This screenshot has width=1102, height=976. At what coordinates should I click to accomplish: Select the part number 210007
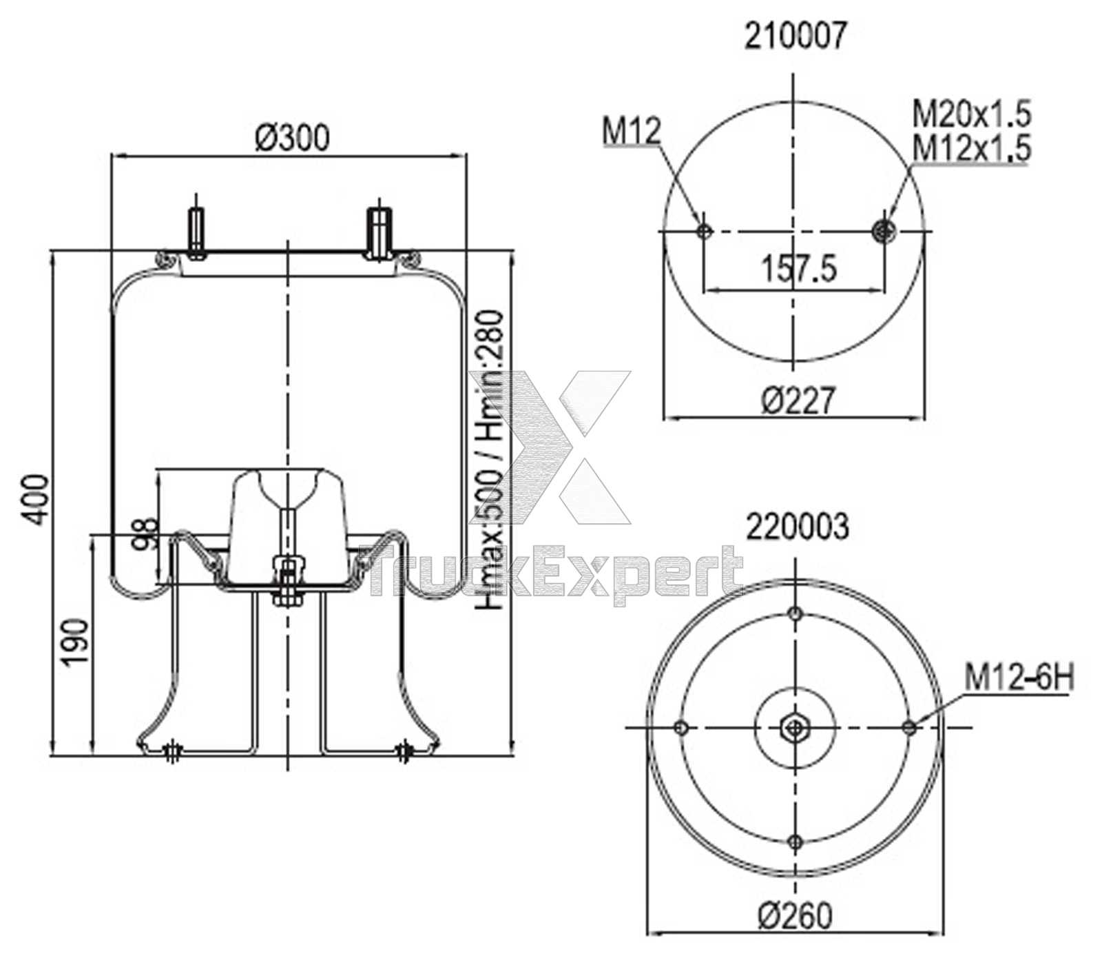click(793, 37)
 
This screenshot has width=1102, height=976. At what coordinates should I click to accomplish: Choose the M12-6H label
click(1018, 678)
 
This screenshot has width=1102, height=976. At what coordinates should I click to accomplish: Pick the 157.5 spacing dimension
click(799, 268)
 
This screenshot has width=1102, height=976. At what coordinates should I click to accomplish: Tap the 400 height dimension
click(36, 500)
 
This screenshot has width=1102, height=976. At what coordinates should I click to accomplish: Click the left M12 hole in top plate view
click(704, 230)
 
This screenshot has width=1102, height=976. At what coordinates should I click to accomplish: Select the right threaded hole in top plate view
click(883, 230)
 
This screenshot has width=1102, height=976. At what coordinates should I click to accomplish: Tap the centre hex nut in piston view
click(796, 726)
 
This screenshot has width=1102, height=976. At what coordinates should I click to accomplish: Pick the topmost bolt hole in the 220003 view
click(796, 613)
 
